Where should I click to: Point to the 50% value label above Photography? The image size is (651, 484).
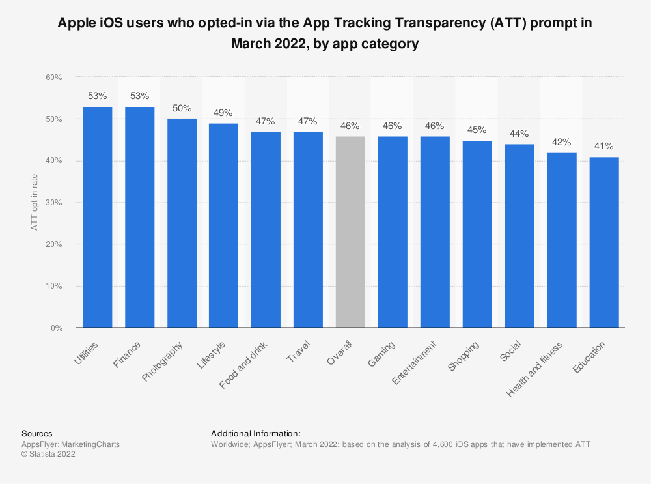pyautogui.click(x=182, y=108)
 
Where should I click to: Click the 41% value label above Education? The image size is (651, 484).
pyautogui.click(x=603, y=146)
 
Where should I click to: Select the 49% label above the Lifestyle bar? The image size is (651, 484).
pyautogui.click(x=223, y=113)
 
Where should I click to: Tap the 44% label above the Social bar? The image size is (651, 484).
pyautogui.click(x=519, y=134)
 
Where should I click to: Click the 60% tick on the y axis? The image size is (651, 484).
pyautogui.click(x=53, y=78)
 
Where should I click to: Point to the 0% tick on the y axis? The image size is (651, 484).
pyautogui.click(x=56, y=328)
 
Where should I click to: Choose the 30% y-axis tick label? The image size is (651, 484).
pyautogui.click(x=53, y=203)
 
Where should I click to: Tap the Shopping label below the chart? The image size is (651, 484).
pyautogui.click(x=464, y=356)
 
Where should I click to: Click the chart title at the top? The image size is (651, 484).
pyautogui.click(x=325, y=33)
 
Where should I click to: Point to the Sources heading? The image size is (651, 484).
pyautogui.click(x=37, y=433)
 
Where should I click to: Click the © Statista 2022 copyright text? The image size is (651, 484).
pyautogui.click(x=48, y=455)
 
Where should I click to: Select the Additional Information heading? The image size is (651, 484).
pyautogui.click(x=256, y=433)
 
